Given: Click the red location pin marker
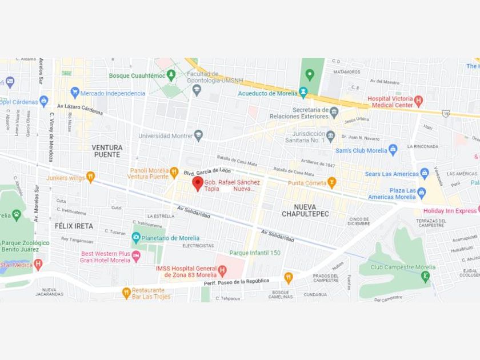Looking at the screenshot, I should click(x=197, y=183).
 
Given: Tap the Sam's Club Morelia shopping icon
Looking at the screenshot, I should click(x=393, y=150).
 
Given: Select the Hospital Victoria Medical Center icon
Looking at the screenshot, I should click(x=418, y=101).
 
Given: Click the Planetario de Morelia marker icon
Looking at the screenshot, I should click(x=136, y=238).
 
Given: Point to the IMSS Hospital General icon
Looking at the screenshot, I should click(x=222, y=269).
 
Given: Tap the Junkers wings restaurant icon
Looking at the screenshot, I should click(x=90, y=177).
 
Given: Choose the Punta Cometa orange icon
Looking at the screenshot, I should click(x=331, y=183).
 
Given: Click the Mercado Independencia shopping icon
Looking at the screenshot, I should click(x=74, y=93).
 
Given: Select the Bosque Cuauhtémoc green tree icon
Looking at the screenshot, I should click(x=171, y=75).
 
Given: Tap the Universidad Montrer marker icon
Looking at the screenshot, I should click(x=198, y=135).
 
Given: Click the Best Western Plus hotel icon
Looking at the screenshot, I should click(x=136, y=257).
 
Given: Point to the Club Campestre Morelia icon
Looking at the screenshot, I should click(x=425, y=277).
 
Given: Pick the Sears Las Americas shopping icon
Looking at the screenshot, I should click(x=425, y=173).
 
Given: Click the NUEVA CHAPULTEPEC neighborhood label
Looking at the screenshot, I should click(x=305, y=210).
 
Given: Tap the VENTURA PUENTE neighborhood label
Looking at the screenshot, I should click(x=107, y=151).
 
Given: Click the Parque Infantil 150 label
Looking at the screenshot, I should click(x=255, y=253).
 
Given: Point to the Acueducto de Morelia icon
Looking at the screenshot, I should click(x=303, y=93).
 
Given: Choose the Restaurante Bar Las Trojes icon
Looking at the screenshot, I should click(x=126, y=293).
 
